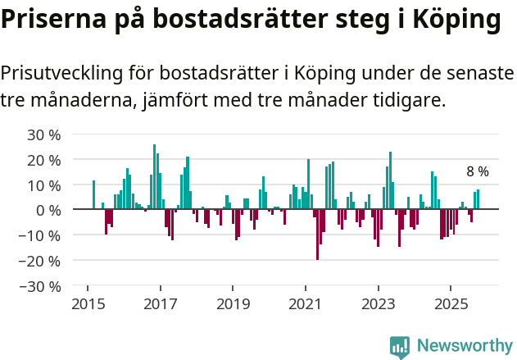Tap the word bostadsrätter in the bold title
pos(248,20)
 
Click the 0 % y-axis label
pos(48,211)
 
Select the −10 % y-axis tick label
pos(41,236)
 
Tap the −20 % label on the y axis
pos(41,262)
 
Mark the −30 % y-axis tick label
pos(41,287)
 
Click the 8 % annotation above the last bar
pos(477,172)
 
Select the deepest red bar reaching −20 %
pos(317,235)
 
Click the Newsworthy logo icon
pos(400,347)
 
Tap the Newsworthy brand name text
pos(465,346)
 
